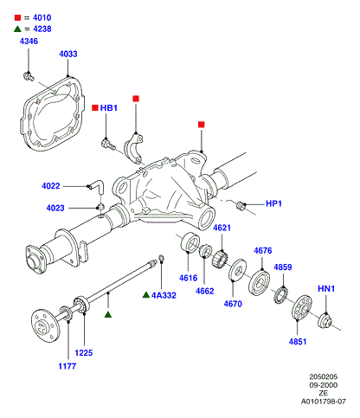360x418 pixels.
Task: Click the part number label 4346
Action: tap(29, 42)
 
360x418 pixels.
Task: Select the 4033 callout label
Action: tap(68, 54)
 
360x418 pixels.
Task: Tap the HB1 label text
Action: tap(109, 108)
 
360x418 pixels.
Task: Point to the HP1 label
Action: tap(273, 203)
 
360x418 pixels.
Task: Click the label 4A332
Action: tap(164, 295)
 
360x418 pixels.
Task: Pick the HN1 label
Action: tap(326, 288)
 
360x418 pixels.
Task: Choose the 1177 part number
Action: tap(67, 366)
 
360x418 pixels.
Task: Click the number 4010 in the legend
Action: tap(42, 17)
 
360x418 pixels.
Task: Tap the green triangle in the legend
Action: tap(17, 29)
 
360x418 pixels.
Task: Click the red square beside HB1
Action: tap(95, 108)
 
